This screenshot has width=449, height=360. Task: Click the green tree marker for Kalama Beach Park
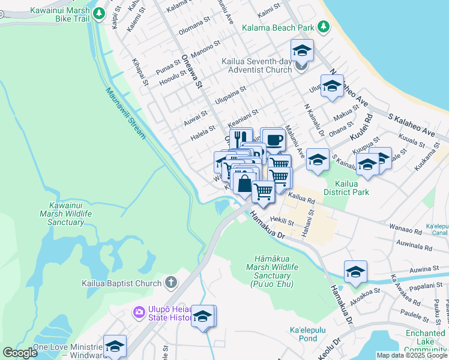click(324, 27)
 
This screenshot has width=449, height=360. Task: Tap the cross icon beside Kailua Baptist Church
click(171, 283)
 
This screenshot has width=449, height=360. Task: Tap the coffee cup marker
click(274, 140)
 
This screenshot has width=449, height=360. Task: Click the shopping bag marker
click(244, 182)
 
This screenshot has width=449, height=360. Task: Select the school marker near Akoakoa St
click(355, 272)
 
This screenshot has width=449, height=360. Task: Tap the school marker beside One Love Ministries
click(115, 346)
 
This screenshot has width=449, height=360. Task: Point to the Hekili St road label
click(282, 222)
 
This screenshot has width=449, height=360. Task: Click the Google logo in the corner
click(20, 353)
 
